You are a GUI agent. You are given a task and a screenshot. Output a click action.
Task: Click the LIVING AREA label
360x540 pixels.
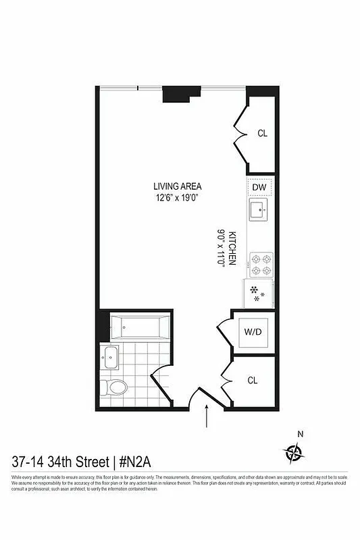tap(177, 186)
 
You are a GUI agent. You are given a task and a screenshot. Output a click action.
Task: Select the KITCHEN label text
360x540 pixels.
tap(232, 248)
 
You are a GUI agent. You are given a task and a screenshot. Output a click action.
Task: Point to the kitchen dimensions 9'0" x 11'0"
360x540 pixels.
tap(221, 248)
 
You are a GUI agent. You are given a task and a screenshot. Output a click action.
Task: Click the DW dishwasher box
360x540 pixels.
tap(260, 187)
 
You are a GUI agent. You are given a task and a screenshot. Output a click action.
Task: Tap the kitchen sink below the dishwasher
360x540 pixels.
tap(260, 210)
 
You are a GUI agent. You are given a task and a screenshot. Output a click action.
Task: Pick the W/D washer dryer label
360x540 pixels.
tap(253, 332)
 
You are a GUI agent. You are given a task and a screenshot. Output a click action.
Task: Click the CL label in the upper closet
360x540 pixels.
tap(262, 133)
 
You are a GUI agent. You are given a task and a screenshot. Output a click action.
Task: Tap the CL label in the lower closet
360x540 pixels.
tap(253, 381)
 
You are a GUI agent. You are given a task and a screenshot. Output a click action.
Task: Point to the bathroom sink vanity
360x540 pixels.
tap(110, 358)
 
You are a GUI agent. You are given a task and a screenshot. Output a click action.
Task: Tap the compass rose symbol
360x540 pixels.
tap(294, 451)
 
